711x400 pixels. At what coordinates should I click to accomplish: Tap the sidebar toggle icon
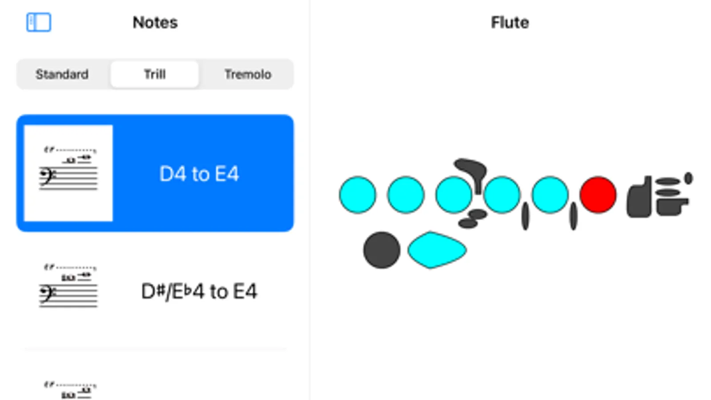click(38, 22)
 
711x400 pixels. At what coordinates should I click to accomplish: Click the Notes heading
click(155, 23)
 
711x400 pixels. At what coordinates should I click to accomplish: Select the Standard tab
click(62, 74)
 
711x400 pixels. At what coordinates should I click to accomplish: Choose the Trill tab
click(155, 74)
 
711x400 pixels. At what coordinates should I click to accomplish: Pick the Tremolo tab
click(248, 74)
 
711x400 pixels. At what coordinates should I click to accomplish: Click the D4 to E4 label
click(199, 174)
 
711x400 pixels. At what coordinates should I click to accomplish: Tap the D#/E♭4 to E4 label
click(199, 291)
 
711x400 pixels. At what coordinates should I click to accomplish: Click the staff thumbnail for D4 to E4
click(68, 173)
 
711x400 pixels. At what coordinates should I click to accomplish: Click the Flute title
click(510, 23)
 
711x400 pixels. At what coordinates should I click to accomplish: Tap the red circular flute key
click(599, 195)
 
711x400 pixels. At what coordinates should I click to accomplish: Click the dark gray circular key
click(382, 250)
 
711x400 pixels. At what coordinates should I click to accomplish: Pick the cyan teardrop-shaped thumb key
click(437, 250)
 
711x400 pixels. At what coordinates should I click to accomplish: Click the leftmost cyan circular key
click(358, 195)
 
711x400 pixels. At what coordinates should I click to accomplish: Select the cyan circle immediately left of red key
click(550, 195)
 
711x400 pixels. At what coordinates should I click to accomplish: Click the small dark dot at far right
click(688, 178)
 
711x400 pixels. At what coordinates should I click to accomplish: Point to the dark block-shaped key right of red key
click(639, 197)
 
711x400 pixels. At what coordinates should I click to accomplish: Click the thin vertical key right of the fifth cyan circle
click(573, 216)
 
